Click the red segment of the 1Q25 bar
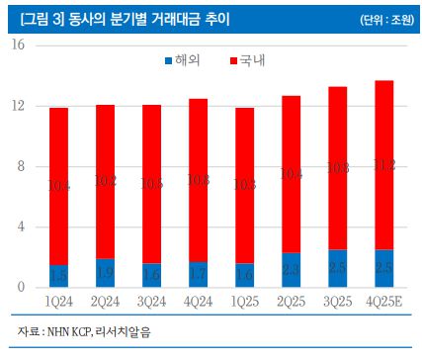(245, 185)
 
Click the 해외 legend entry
(178, 61)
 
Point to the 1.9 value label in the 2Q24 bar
(106, 267)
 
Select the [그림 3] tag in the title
(34, 18)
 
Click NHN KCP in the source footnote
(80, 329)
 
